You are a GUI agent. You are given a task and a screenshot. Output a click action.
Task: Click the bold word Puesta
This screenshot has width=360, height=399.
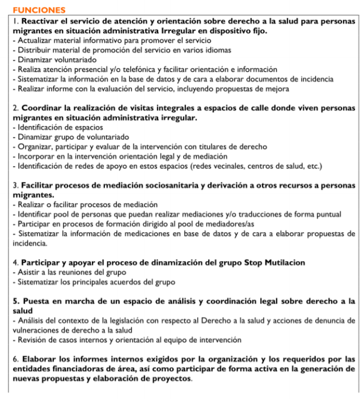point(33,301)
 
